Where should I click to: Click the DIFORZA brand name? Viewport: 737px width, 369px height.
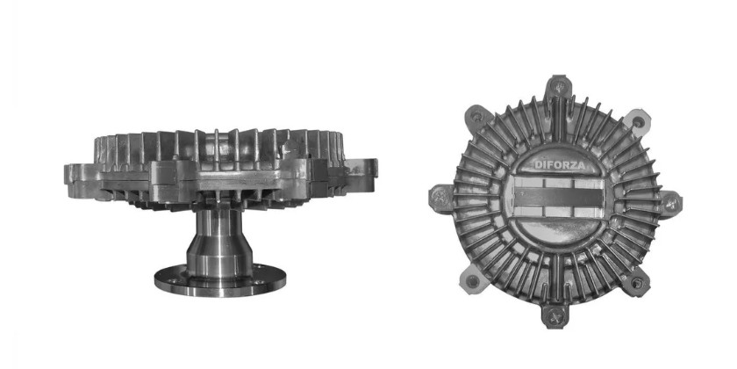coord(560,165)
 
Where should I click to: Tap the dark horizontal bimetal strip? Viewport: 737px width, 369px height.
coord(558,197)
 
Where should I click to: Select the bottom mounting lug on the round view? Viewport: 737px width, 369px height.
coord(555,316)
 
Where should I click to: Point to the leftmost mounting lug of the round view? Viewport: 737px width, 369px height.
coord(440,199)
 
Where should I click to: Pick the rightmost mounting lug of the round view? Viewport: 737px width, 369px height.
coord(670,204)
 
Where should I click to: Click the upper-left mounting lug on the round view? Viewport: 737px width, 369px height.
coord(476,117)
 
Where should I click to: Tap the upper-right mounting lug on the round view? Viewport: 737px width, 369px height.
coord(637,122)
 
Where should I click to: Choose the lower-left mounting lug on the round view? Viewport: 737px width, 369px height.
coord(472,280)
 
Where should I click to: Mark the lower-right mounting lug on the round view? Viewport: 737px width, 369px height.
coord(636,283)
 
